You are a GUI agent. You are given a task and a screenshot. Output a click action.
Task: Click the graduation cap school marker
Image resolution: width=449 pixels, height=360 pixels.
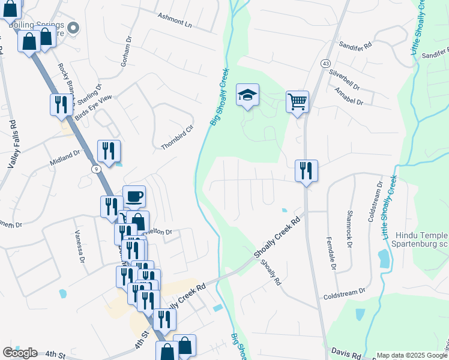coord(247,95)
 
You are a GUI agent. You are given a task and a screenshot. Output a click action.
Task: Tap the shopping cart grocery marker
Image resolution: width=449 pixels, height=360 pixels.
coord(297,101)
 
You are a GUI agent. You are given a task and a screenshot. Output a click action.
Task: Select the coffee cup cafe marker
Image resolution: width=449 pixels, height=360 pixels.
coord(134,196)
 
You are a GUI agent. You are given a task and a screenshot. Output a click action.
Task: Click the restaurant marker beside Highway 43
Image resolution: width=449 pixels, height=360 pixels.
coord(306,171)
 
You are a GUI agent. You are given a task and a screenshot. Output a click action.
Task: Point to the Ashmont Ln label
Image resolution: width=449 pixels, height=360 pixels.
coord(175,20)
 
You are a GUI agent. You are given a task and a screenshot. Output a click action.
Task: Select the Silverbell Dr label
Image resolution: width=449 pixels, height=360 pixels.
coord(344,78)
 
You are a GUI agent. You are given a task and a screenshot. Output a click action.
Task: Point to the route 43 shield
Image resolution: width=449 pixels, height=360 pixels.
coord(325,63)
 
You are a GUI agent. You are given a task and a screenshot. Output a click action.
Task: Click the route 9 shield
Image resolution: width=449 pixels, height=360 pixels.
coord(95,170)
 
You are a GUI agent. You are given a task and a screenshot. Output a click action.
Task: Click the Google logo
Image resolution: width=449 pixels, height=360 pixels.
coord(20,353)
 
